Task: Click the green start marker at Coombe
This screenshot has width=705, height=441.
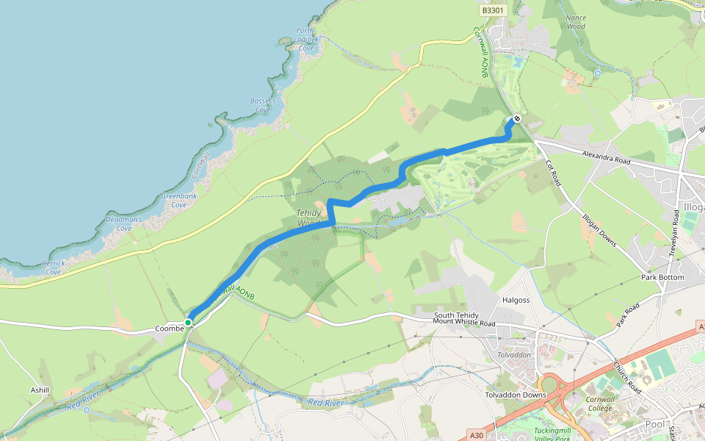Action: point(189,322)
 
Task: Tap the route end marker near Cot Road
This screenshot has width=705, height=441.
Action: point(517,118)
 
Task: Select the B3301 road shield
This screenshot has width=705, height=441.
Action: point(493,10)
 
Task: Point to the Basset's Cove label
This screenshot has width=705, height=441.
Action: point(263,105)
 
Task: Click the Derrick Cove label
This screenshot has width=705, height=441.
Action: point(53,267)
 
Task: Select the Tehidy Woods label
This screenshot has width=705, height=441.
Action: point(309,218)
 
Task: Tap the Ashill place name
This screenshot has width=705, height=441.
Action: point(40,390)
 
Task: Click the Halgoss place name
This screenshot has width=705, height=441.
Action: point(516,300)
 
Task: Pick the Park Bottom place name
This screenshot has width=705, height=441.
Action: point(662,277)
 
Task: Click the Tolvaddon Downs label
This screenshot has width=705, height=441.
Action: point(516,395)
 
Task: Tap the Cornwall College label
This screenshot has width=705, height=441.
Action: point(599,404)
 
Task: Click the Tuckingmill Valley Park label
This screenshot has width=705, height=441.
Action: point(552,434)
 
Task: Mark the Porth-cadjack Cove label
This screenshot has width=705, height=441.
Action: point(306,39)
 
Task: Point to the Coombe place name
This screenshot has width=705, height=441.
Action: point(169,329)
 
